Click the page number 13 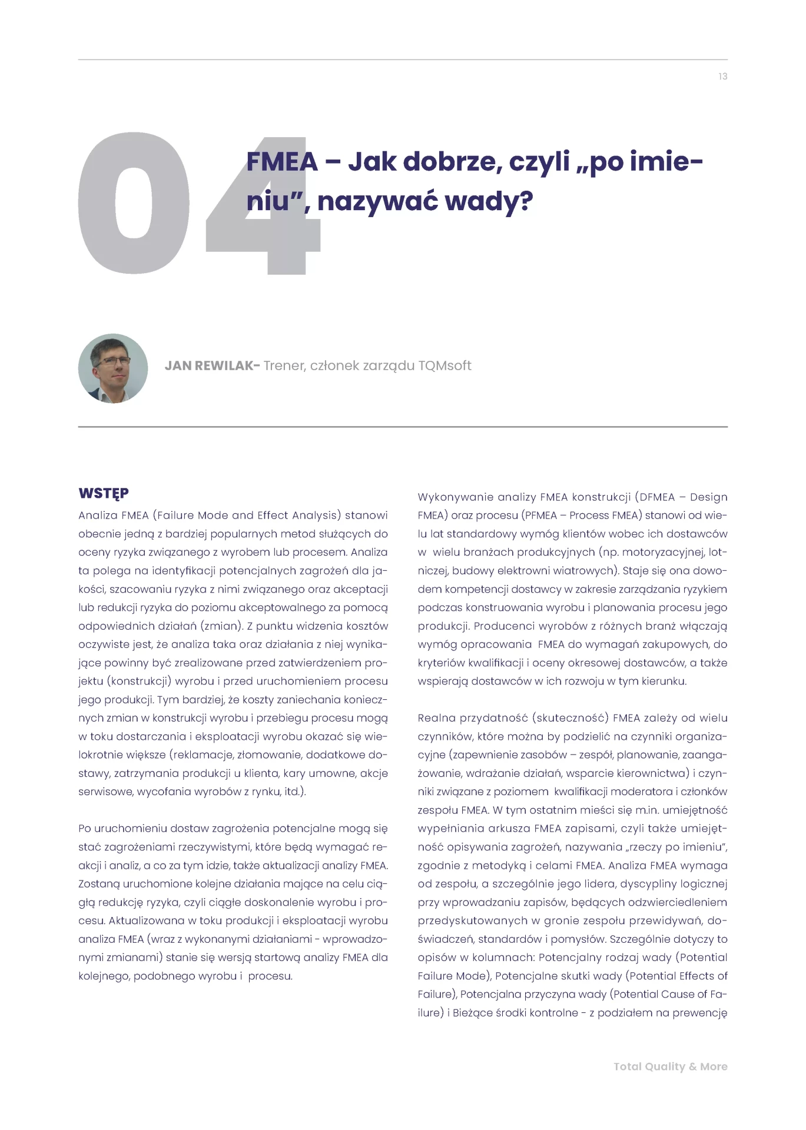(722, 77)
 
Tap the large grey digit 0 (134, 203)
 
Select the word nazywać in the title (377, 201)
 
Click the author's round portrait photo (113, 368)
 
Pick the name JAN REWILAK (209, 365)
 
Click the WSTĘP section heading (104, 493)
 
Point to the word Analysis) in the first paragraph (316, 516)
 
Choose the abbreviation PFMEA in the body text (540, 516)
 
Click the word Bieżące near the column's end (473, 1013)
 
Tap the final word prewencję (699, 1013)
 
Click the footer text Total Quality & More (670, 1066)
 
